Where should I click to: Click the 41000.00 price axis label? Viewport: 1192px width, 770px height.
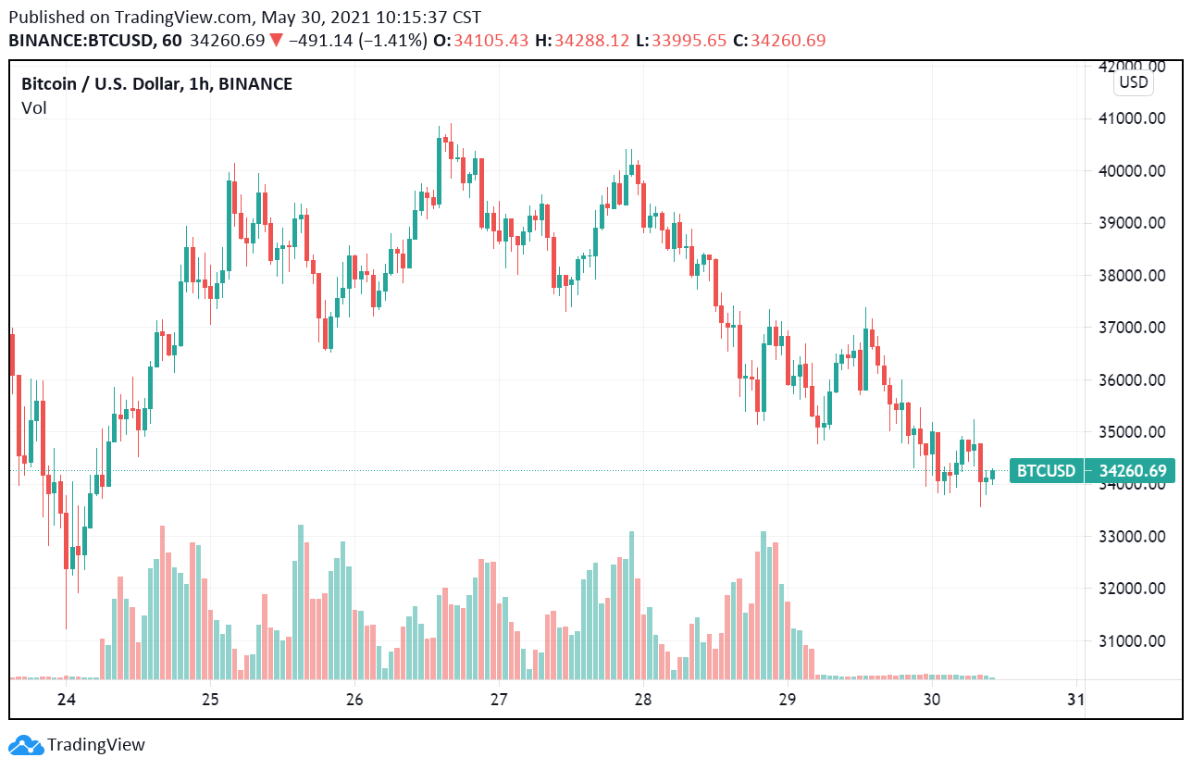coord(1131,118)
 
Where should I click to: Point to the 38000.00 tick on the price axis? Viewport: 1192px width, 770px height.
coord(1131,276)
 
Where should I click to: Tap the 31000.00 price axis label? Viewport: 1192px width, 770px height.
coord(1131,640)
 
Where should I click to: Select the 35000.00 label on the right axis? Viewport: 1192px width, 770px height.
coord(1131,432)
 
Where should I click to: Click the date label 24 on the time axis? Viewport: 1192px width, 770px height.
coord(66,699)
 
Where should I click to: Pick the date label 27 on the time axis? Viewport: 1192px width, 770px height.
coord(499,699)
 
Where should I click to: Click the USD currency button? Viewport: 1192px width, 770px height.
coord(1133,82)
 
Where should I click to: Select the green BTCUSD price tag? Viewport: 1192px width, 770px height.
coord(1046,471)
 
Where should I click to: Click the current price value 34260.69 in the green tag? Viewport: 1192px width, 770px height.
coord(1133,471)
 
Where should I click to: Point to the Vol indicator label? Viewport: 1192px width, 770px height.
coord(34,108)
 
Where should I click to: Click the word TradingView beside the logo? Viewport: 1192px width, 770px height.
coord(96,745)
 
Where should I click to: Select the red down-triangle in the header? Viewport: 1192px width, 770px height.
coord(276,41)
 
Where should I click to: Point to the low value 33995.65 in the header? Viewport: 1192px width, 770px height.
coord(688,41)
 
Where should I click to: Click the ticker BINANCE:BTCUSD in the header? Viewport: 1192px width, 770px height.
coord(82,41)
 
